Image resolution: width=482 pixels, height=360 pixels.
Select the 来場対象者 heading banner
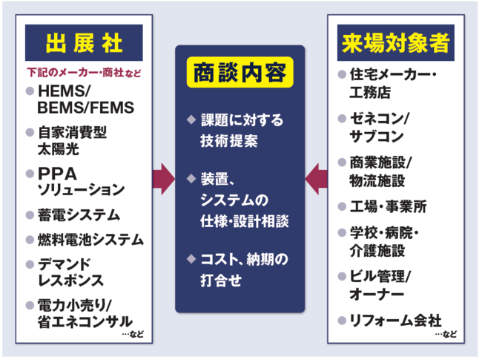coord(396,42)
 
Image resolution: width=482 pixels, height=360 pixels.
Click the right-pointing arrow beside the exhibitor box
coord(163,178)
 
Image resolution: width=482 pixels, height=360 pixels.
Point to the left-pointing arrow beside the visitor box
coord(316,178)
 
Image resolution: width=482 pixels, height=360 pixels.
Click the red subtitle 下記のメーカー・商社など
coord(79,74)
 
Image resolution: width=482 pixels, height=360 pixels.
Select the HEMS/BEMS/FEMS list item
coord(85,99)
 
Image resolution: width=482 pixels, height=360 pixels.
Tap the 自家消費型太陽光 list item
coord(74,141)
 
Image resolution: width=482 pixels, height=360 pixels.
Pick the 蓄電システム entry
coord(78,215)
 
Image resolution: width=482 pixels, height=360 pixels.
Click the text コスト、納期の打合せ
coord(241,271)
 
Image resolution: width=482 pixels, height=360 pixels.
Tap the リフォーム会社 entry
coord(393,320)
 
